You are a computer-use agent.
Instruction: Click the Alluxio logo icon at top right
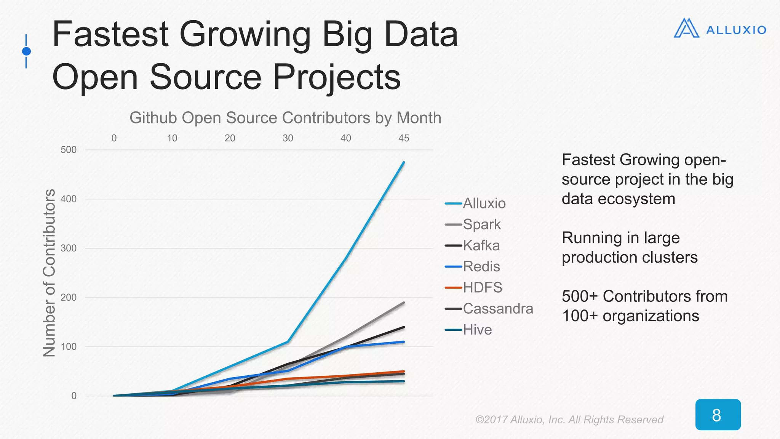click(686, 29)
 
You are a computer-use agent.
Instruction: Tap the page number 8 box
click(718, 415)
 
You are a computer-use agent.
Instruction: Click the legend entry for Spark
click(481, 224)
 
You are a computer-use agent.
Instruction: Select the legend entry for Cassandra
click(497, 309)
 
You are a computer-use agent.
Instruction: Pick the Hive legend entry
click(477, 330)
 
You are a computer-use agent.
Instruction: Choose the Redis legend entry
click(481, 267)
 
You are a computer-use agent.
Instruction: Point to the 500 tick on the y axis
click(69, 150)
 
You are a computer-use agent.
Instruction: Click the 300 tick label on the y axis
click(69, 248)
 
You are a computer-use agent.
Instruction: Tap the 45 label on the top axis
click(404, 138)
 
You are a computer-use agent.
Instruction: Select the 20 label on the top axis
click(230, 138)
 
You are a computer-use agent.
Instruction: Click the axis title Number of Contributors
click(50, 273)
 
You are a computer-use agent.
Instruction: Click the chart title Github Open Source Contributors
click(285, 118)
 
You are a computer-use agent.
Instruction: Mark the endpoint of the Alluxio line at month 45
click(404, 162)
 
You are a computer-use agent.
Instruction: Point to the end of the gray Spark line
click(404, 303)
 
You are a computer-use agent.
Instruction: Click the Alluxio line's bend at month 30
click(288, 341)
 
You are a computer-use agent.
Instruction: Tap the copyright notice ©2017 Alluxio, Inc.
click(569, 420)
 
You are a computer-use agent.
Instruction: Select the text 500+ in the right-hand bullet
click(579, 296)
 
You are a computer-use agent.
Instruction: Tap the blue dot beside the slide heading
click(26, 51)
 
